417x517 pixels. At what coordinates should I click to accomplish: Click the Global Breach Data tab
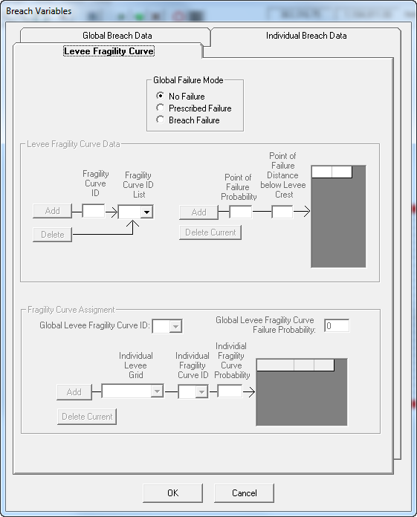tap(117, 35)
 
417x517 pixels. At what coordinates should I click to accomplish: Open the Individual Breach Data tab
tap(306, 35)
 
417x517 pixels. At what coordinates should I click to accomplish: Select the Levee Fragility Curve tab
tap(109, 51)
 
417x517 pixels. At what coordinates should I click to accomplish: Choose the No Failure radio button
tap(161, 96)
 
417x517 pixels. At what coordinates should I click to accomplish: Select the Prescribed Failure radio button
tap(161, 108)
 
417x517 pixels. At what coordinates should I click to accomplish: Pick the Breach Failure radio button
tap(161, 120)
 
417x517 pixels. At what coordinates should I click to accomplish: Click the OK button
tap(173, 493)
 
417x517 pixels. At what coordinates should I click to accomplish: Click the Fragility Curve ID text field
tap(94, 211)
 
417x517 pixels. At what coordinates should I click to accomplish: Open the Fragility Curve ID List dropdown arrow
tap(146, 212)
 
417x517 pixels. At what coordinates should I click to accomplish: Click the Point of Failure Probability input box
tap(241, 212)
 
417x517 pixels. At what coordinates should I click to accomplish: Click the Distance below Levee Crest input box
tap(282, 212)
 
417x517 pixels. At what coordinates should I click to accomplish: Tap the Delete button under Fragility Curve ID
tap(53, 235)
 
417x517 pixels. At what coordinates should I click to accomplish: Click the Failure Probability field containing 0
tap(337, 326)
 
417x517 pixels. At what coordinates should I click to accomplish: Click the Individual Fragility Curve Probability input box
tap(230, 391)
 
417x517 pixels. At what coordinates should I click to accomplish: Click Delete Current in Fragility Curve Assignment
tap(87, 417)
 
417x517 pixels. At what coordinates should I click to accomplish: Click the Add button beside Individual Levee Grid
tap(74, 392)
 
